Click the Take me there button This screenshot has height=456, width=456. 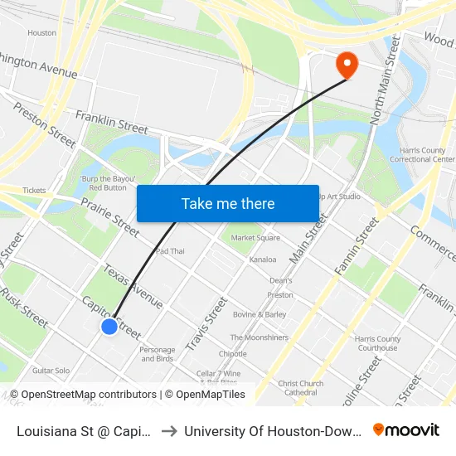[228, 203]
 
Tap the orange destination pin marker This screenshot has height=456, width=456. [345, 65]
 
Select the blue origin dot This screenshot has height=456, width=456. [109, 327]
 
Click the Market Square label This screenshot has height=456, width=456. [255, 238]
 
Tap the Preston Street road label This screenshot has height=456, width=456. [44, 124]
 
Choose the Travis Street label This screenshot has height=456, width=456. [207, 323]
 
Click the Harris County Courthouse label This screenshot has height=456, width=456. [377, 343]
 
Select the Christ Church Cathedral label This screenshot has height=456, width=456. [301, 388]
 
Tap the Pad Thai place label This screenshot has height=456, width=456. [170, 251]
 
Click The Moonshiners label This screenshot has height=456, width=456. [260, 337]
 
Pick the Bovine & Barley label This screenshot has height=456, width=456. [260, 315]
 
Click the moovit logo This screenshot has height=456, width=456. [406, 430]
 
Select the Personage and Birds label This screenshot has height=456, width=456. [157, 354]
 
